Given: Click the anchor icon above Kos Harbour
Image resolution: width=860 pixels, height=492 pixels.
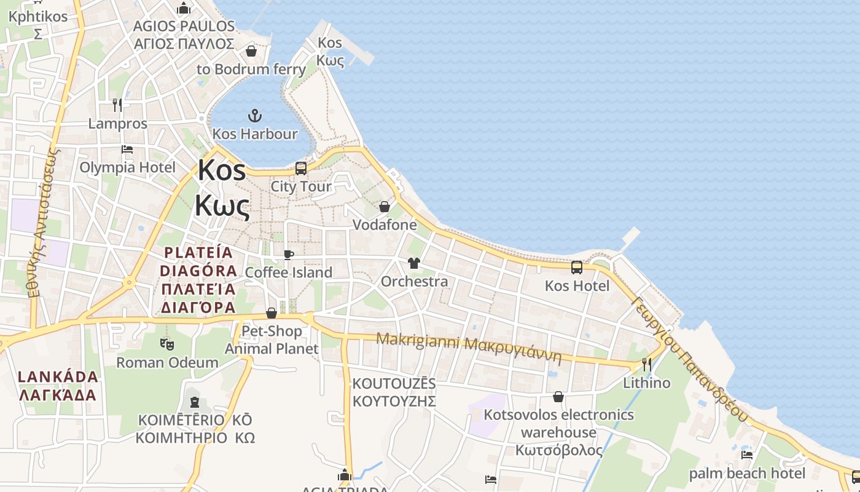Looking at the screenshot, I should [x=254, y=115].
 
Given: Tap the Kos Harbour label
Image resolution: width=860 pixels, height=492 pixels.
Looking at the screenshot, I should [x=255, y=134].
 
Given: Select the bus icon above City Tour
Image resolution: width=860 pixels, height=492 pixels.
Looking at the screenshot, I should [x=301, y=168].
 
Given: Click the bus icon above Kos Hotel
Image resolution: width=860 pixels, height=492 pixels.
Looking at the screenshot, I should [x=577, y=267].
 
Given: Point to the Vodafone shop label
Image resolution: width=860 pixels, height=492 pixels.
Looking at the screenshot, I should [x=385, y=225].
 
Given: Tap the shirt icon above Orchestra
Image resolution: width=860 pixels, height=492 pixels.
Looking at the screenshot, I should [x=414, y=263].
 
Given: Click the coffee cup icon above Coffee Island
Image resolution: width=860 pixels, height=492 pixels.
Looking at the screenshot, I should [x=289, y=255].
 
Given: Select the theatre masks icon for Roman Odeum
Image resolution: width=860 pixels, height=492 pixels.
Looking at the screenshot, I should [x=167, y=344].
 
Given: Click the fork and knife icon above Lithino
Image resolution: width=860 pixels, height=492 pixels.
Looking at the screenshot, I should [x=646, y=365].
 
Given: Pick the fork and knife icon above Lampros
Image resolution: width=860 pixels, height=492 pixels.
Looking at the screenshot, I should [x=117, y=105].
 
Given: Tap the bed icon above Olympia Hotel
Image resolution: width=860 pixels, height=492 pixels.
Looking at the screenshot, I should [x=127, y=149].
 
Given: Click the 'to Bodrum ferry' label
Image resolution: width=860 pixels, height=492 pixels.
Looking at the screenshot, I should [x=251, y=69].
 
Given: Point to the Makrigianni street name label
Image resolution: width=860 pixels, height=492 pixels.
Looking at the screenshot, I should [x=469, y=348].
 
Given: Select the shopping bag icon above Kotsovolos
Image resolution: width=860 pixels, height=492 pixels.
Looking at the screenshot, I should [x=558, y=397].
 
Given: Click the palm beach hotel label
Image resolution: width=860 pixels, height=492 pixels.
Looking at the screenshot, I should [x=747, y=474].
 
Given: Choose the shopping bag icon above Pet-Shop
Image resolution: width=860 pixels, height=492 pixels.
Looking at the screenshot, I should [x=271, y=314].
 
